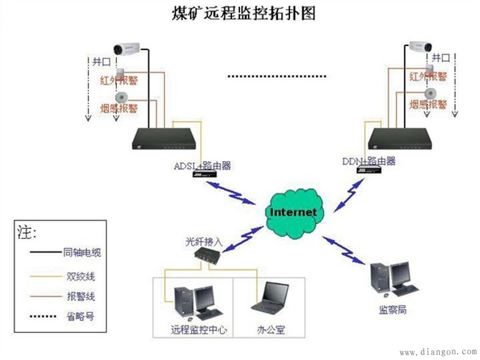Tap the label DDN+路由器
[x=369, y=161]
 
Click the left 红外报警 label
[x=119, y=80]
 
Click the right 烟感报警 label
[x=428, y=104]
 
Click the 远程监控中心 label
[x=199, y=330]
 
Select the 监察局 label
[x=393, y=310]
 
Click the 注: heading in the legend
[x=27, y=232]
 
